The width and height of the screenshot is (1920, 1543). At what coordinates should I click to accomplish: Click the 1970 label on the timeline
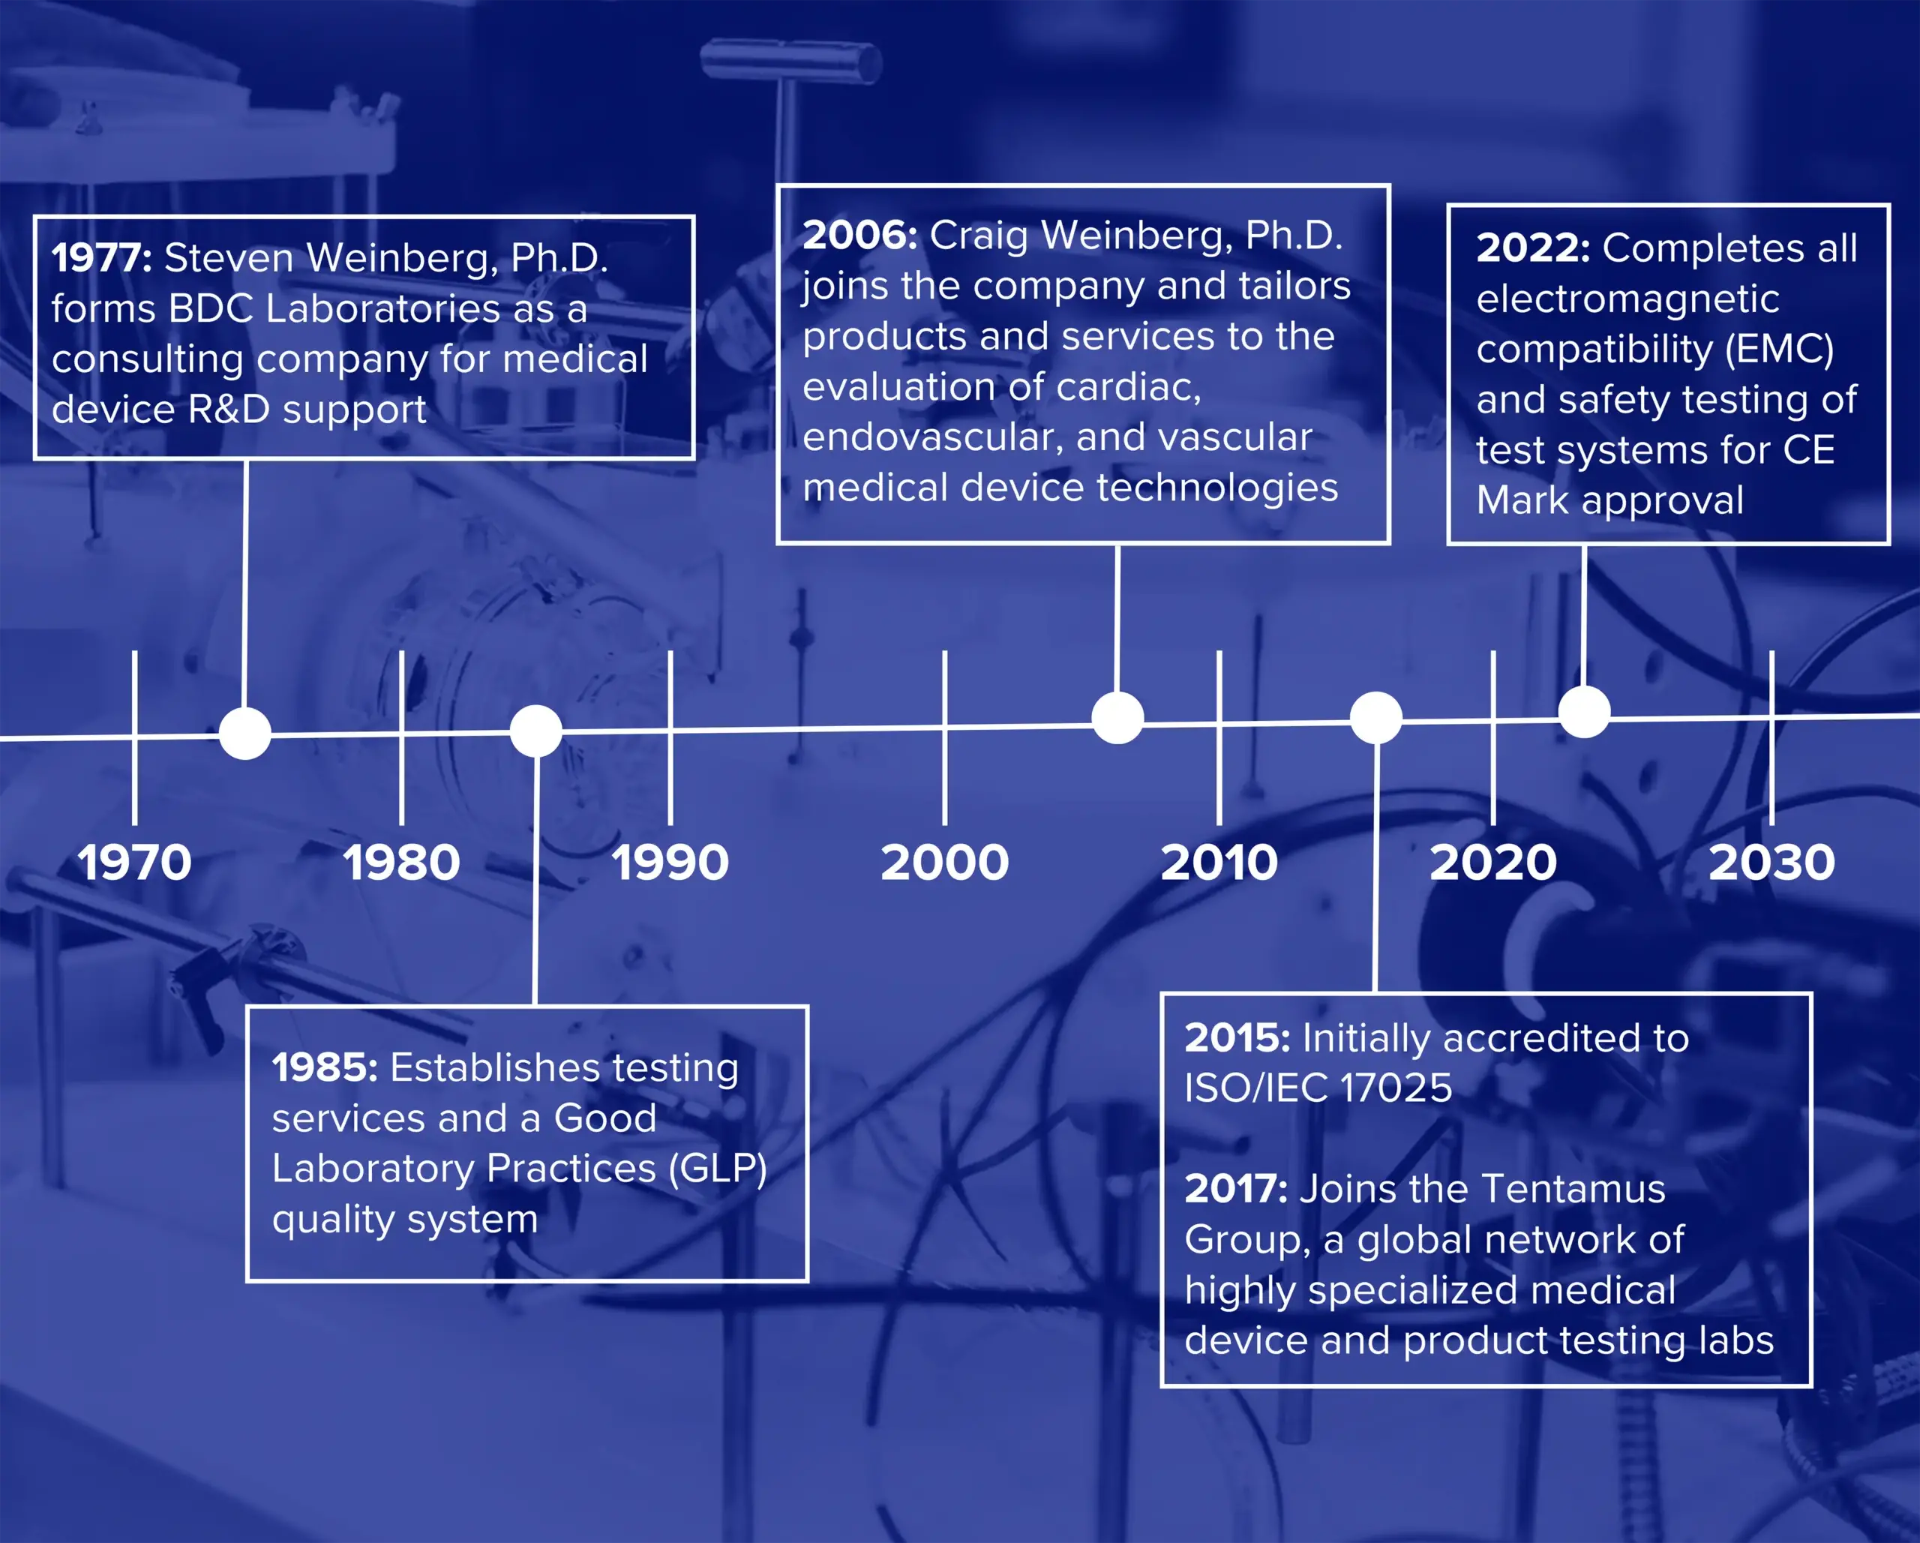(134, 863)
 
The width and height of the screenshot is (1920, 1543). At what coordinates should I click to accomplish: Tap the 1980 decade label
(402, 863)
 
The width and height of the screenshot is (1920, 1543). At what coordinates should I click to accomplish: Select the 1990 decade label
(670, 863)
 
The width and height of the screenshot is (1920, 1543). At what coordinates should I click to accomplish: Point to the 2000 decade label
(945, 863)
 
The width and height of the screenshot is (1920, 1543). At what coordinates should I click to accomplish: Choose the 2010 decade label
(1219, 863)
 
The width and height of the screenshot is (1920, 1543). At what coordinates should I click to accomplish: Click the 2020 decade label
(1493, 863)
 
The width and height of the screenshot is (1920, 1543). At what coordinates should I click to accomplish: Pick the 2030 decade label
(1772, 863)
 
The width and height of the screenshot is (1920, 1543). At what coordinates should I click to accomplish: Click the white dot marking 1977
(245, 733)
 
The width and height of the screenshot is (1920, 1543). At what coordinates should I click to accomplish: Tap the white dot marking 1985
(536, 731)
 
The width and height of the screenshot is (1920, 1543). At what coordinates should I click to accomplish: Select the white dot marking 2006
(1117, 717)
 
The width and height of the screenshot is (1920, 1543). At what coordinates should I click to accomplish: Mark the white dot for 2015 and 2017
(1376, 717)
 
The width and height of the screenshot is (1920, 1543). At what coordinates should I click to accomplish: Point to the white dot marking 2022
(1584, 712)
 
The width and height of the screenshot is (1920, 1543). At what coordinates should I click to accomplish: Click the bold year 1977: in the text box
(101, 258)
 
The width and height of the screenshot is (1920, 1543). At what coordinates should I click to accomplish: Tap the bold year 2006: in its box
(860, 236)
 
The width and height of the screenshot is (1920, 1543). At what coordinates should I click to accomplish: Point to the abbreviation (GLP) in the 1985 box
(718, 1169)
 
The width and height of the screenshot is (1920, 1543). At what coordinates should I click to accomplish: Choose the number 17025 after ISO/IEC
(1396, 1088)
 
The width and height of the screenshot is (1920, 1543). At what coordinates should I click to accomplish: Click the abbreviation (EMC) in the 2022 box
(1779, 350)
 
